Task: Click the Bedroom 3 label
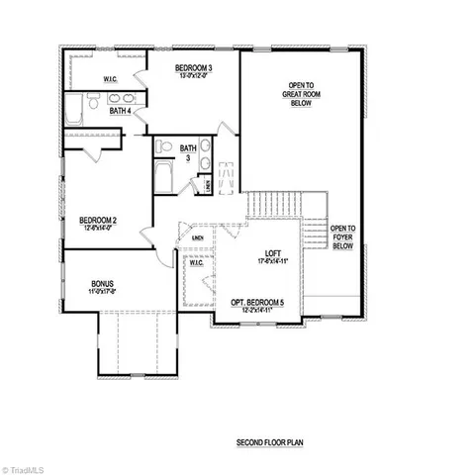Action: click(x=194, y=68)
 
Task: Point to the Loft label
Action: click(x=274, y=253)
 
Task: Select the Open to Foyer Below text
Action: click(x=343, y=236)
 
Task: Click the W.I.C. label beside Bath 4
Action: click(x=111, y=78)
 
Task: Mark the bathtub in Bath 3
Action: click(x=164, y=181)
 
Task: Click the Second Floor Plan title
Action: click(x=268, y=442)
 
